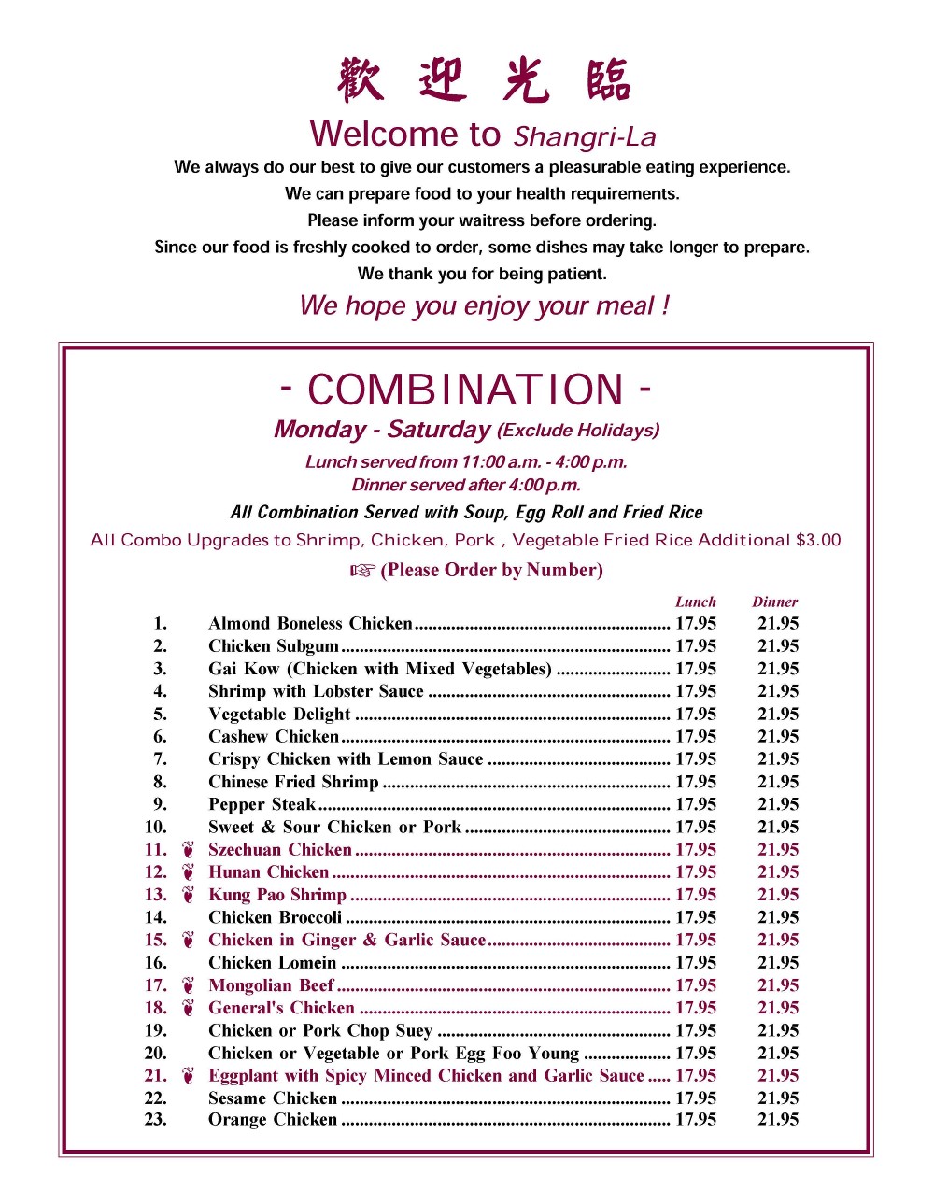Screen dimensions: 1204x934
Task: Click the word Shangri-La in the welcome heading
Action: (585, 137)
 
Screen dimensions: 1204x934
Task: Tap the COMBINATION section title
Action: (465, 390)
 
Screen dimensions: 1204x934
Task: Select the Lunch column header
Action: (696, 602)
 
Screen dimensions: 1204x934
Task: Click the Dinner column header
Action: (774, 602)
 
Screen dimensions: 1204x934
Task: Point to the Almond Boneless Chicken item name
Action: (310, 624)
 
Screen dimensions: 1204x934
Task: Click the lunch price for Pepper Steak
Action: (696, 804)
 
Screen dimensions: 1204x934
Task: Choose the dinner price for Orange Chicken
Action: (778, 1119)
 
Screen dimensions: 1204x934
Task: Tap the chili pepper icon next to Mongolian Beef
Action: (189, 985)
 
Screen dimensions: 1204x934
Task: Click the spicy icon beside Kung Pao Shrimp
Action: (189, 895)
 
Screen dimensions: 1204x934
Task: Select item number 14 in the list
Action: (156, 917)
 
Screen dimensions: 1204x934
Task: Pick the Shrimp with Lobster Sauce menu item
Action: (316, 691)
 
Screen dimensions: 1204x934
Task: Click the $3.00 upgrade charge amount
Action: (818, 540)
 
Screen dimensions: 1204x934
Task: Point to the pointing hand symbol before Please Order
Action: (362, 571)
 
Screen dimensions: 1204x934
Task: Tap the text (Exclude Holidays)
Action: (578, 431)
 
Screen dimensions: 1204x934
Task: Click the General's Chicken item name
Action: (281, 1008)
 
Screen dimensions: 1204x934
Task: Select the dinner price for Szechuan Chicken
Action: (778, 849)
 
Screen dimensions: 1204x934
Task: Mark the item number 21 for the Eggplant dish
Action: (156, 1075)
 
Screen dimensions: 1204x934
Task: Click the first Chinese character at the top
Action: (360, 79)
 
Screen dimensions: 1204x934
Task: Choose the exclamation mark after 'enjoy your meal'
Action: (665, 305)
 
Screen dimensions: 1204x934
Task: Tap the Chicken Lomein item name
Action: (272, 963)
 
